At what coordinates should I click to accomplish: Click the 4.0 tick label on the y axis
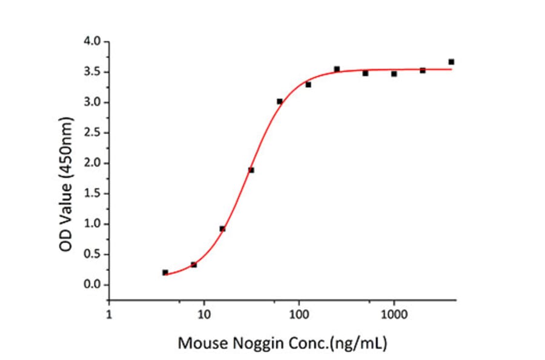pos(93,42)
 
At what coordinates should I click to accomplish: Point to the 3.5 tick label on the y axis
pos(93,72)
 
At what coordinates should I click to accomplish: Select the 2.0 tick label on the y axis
pos(93,163)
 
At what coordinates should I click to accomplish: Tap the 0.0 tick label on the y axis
pos(93,285)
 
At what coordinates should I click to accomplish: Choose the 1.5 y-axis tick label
pos(93,193)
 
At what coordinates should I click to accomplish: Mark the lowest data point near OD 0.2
pos(165,273)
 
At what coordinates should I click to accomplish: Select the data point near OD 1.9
pos(251,170)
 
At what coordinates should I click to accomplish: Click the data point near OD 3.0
pos(280,101)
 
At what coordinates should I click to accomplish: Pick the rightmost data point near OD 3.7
pos(451,62)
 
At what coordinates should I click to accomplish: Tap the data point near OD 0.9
pos(222,228)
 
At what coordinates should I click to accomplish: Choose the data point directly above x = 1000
pos(394,74)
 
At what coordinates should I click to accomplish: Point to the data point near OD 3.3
pos(308,85)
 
